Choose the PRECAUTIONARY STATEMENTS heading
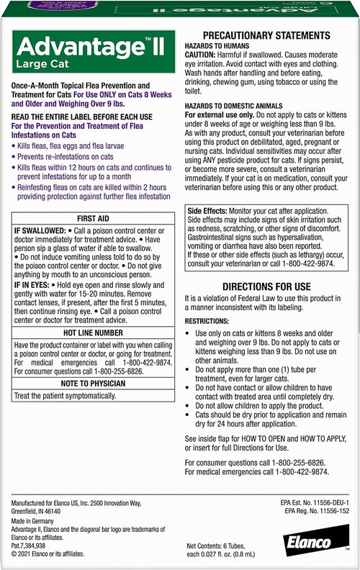[266, 36]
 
